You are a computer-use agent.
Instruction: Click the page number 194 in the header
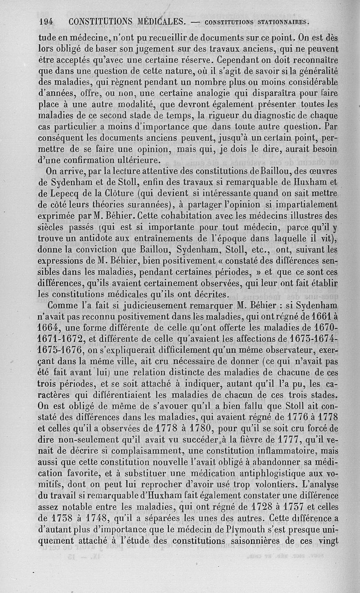click(x=47, y=21)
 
